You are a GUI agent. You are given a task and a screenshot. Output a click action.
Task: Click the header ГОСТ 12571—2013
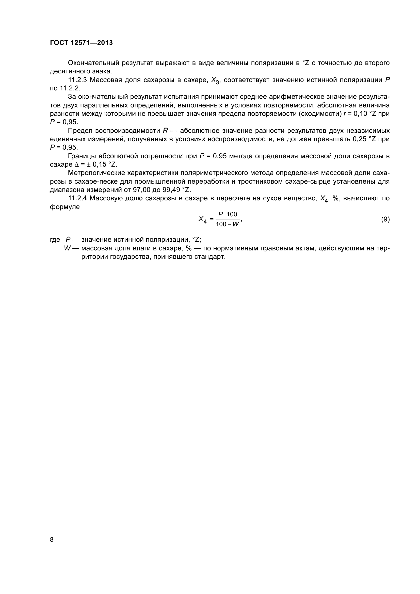[x=81, y=43]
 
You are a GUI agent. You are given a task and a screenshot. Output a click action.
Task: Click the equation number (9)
[x=385, y=219]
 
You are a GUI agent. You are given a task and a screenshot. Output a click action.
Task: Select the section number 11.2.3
[x=78, y=80]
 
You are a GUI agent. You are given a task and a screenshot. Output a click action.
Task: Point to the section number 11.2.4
[x=78, y=198]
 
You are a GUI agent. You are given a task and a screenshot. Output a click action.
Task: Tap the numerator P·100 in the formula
[x=228, y=214]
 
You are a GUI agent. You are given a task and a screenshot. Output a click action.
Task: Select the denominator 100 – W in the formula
[x=227, y=224]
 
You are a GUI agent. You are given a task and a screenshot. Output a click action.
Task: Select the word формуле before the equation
[x=65, y=207]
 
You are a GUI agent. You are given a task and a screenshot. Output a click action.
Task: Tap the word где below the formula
[x=55, y=239]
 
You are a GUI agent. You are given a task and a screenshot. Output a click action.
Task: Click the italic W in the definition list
[x=67, y=248]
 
